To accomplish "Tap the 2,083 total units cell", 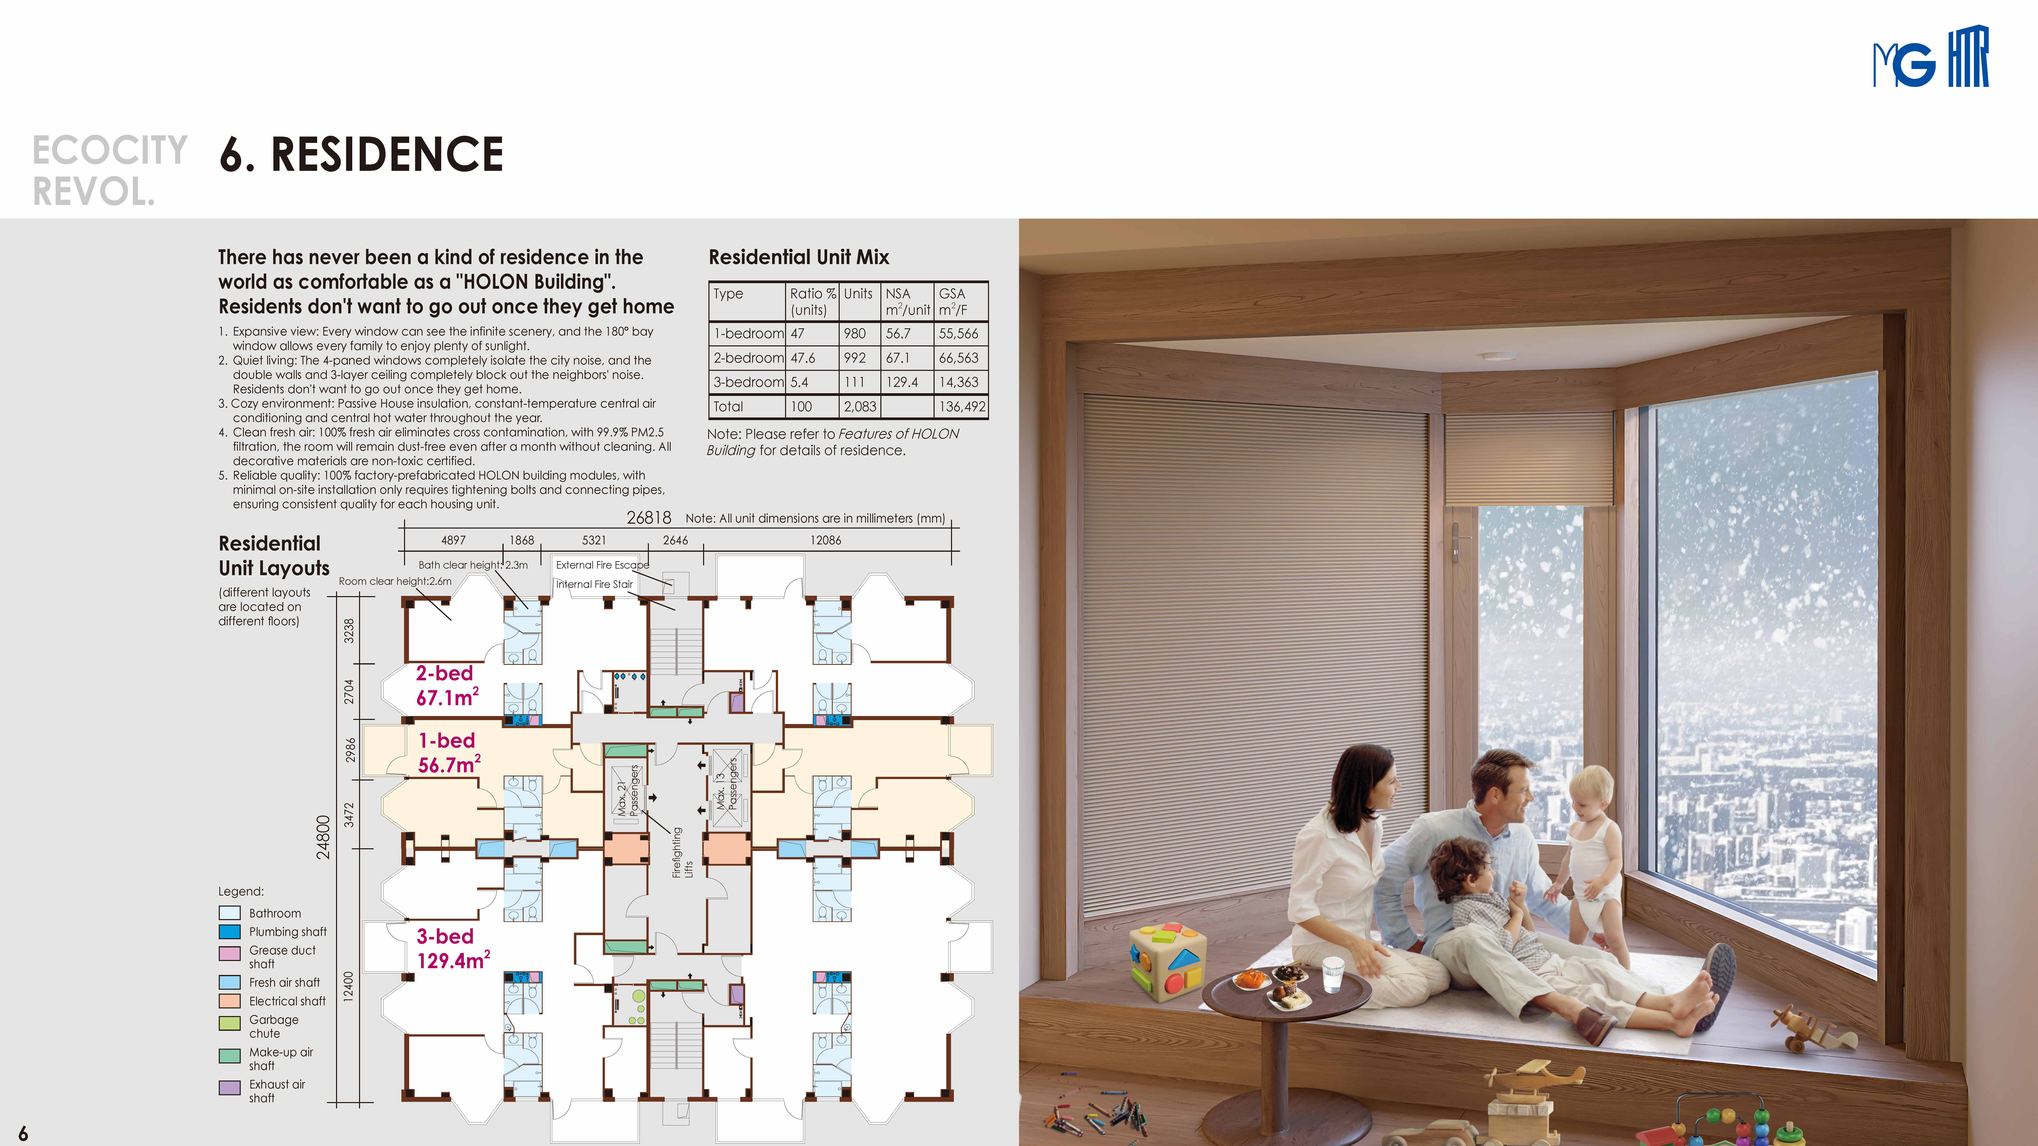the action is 860,407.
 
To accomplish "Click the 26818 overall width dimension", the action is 649,518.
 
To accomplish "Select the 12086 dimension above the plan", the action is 825,540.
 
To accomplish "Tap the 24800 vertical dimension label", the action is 323,837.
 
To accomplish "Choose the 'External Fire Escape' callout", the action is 602,565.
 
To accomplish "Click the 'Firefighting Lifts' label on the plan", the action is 682,853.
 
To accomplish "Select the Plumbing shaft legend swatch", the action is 229,932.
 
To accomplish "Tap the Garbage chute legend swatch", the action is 229,1023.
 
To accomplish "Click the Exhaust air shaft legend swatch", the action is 229,1087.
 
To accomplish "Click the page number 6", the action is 23,1133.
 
